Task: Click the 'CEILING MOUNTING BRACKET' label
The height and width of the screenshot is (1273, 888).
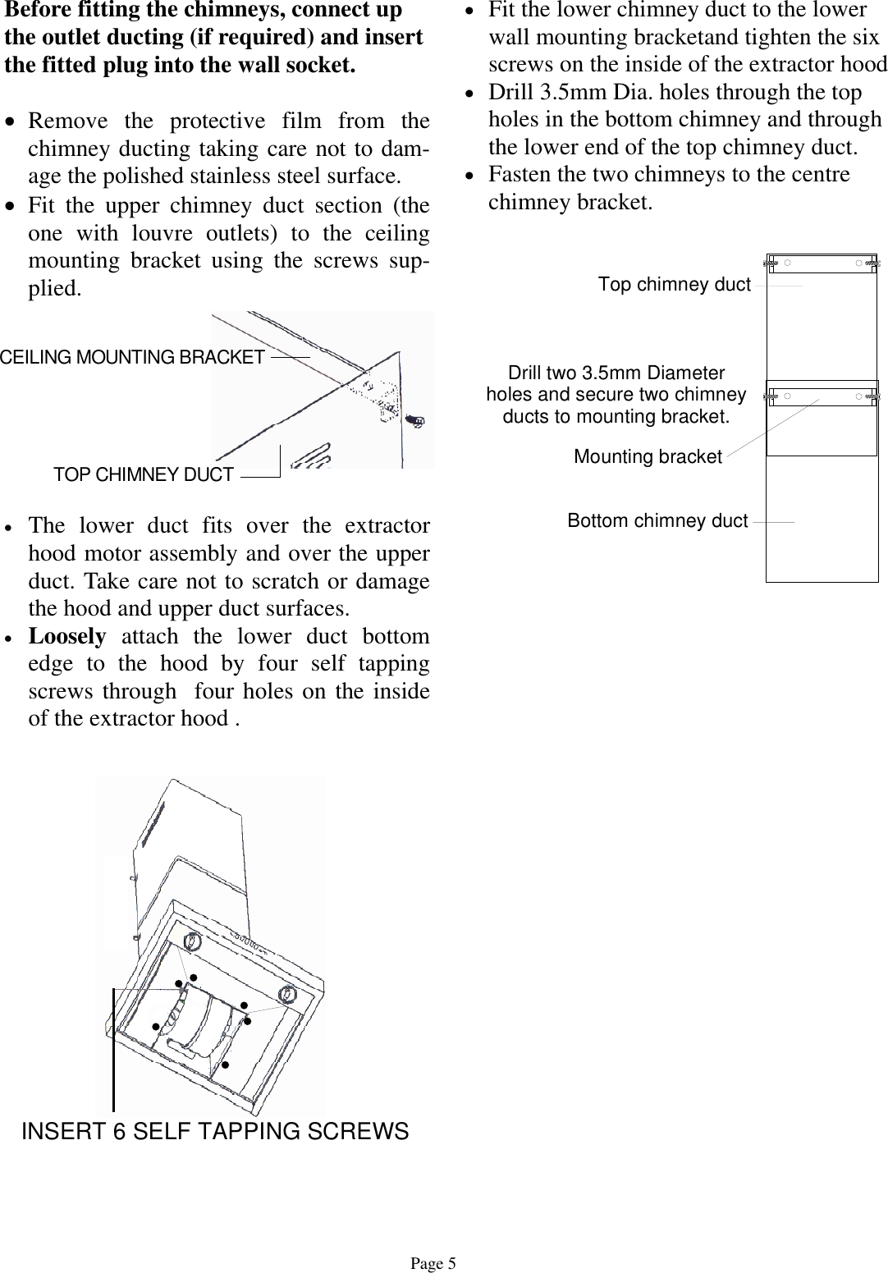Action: click(132, 357)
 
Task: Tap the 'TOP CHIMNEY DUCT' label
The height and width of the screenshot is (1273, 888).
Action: click(143, 474)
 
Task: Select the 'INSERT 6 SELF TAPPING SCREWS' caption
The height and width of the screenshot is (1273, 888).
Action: click(214, 1131)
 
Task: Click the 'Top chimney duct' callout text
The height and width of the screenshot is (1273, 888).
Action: click(674, 285)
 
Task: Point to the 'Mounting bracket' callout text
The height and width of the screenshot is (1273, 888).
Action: click(648, 456)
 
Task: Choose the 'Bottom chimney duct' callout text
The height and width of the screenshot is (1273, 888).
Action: click(657, 521)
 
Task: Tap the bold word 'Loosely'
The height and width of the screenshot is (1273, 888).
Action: click(67, 636)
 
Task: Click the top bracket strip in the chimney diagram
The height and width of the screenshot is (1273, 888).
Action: click(822, 263)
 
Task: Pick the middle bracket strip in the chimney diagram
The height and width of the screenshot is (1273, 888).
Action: click(822, 396)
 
